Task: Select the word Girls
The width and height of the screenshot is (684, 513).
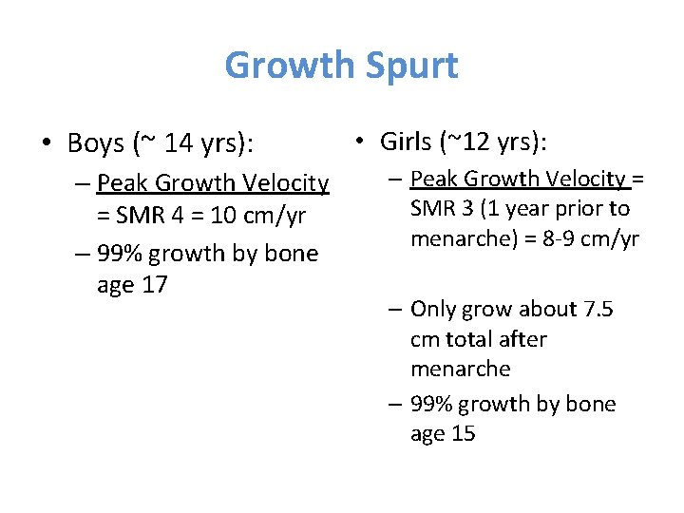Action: pos(408,142)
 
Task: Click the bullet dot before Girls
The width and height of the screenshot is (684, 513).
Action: pos(361,142)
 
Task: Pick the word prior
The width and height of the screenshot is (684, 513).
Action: pos(579,208)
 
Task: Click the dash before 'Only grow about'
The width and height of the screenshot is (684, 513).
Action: pos(396,309)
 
